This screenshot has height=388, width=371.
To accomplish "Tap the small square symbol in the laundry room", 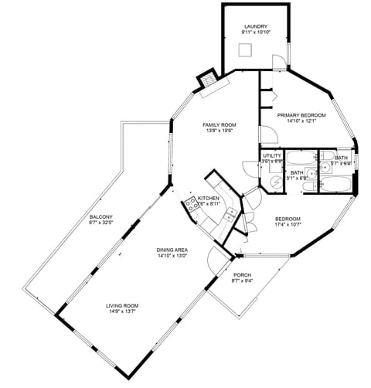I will [247, 49].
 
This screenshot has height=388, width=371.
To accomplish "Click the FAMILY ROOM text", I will [220, 124].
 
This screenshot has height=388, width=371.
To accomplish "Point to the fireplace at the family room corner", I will [208, 81].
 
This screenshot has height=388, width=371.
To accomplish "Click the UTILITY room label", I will [272, 155].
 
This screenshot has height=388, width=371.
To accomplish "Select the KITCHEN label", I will [209, 199].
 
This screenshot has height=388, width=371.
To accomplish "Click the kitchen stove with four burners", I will [189, 206].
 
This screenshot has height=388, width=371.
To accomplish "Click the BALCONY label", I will [101, 216].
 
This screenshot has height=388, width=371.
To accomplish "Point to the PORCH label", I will [242, 274].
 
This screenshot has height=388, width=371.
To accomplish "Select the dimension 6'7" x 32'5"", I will [101, 223].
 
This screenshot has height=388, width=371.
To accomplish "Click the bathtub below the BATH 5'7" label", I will [338, 184].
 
